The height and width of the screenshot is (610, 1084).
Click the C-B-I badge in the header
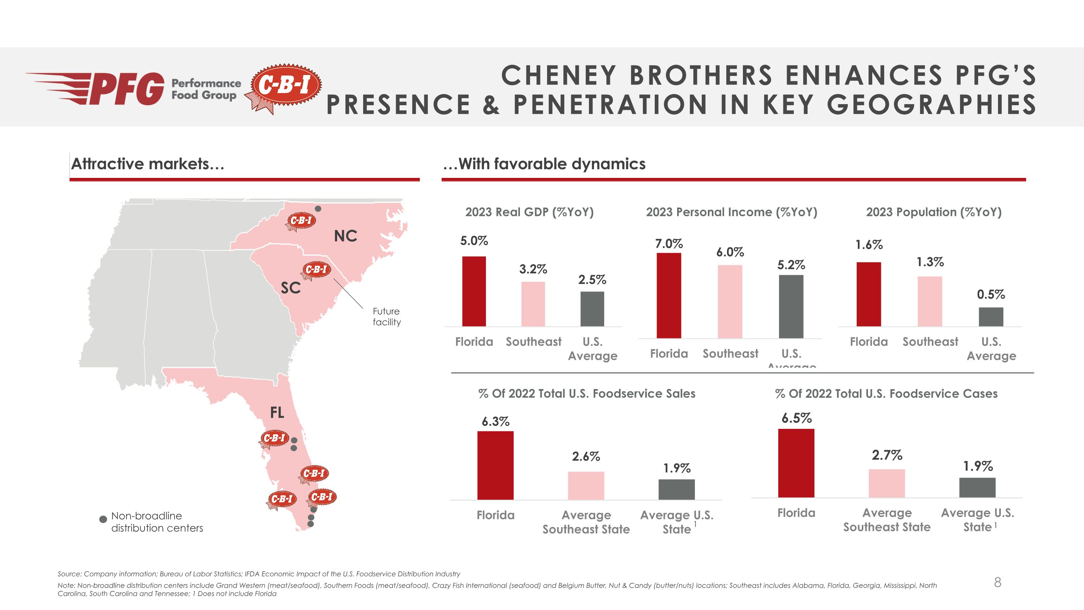pyautogui.click(x=285, y=86)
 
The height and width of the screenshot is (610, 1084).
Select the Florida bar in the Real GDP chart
pyautogui.click(x=474, y=291)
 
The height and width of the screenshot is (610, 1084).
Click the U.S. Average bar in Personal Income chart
pyautogui.click(x=791, y=307)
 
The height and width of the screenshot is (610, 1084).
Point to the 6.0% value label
pyautogui.click(x=730, y=252)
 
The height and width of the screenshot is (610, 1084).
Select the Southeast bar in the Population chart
pyautogui.click(x=930, y=302)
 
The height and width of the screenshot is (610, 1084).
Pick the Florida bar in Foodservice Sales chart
pyautogui.click(x=495, y=465)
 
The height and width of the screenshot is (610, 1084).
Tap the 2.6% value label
pyautogui.click(x=586, y=456)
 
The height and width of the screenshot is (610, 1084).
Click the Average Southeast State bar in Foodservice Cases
pyautogui.click(x=887, y=483)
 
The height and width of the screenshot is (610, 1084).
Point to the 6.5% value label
pyautogui.click(x=796, y=418)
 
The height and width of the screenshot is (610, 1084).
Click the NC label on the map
pyautogui.click(x=345, y=236)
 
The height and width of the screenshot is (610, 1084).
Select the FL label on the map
pyautogui.click(x=277, y=413)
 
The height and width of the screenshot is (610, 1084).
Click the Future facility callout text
pyautogui.click(x=386, y=317)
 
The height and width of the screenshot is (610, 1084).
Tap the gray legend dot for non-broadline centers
pyautogui.click(x=103, y=519)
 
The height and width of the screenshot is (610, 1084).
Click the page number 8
pyautogui.click(x=997, y=582)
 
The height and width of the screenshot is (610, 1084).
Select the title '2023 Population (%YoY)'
pyautogui.click(x=933, y=212)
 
